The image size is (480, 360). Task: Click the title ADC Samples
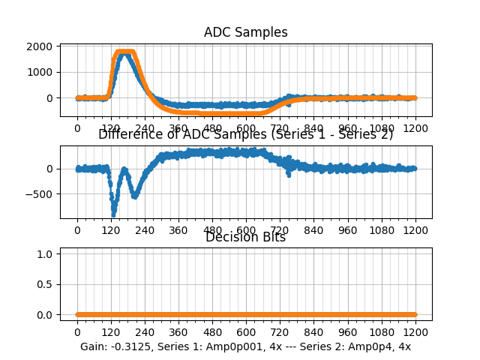[245, 32]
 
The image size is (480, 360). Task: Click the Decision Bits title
[245, 238]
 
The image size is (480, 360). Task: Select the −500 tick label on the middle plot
[40, 194]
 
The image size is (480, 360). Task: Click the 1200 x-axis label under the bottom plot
[415, 331]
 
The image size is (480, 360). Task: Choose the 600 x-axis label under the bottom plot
[246, 331]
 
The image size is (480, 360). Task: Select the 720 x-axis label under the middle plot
[280, 229]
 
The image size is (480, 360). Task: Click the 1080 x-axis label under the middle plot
[382, 229]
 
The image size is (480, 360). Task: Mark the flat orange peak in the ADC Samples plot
[125, 52]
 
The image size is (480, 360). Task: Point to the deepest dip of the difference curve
[113, 214]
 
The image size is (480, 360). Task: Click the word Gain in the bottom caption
[94, 346]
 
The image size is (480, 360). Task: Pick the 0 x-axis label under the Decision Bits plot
[76, 331]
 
